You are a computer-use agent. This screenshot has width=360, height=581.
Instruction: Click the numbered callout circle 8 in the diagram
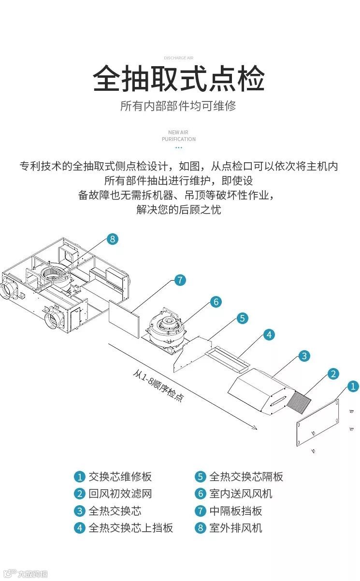112,239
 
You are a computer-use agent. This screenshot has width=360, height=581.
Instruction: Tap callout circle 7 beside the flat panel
180,280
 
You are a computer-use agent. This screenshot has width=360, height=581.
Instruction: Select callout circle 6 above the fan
216,302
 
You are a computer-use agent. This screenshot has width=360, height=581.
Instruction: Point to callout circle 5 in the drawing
243,318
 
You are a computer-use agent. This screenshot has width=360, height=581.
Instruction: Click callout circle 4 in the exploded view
269,334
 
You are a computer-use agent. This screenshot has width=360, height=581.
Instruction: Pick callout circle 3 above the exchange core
303,356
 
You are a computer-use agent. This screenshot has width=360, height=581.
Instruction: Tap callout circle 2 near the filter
333,373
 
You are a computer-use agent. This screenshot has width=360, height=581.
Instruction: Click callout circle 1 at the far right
353,386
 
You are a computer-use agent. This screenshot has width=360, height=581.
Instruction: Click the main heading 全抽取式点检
179,79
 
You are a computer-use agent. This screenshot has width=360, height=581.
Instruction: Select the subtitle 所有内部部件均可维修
178,106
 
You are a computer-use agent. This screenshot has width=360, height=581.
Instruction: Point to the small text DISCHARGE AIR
178,57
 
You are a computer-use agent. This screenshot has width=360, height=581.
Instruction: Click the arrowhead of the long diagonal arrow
254,427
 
